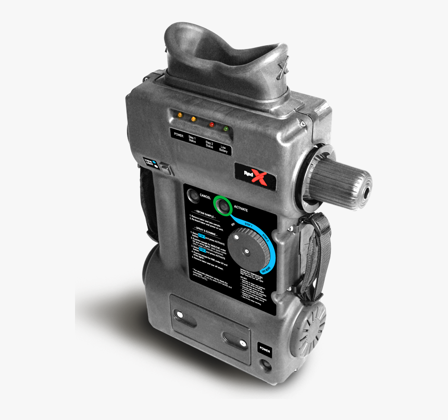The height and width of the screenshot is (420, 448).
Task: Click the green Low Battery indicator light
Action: click(x=226, y=128)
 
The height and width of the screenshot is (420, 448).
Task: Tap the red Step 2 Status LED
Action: click(x=211, y=125)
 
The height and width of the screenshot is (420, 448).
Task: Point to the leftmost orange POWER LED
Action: click(x=180, y=115)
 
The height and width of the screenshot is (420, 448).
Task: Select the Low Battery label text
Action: click(x=223, y=149)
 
